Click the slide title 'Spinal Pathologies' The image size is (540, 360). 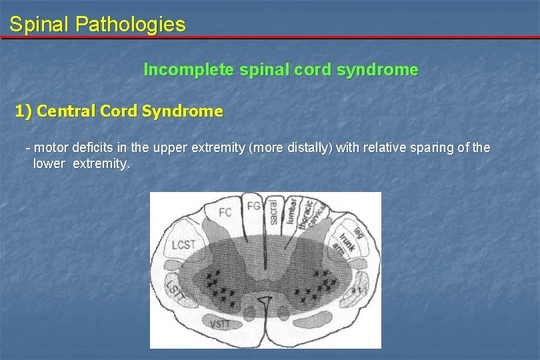(x=97, y=25)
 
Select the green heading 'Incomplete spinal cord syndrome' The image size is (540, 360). (x=281, y=69)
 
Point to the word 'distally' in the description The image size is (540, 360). (x=309, y=147)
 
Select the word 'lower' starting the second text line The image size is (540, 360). (x=49, y=163)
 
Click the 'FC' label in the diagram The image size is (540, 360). (x=225, y=213)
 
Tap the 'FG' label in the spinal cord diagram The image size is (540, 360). (x=254, y=206)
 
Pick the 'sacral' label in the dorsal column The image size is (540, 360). (x=272, y=213)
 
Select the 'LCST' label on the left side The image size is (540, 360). (x=183, y=245)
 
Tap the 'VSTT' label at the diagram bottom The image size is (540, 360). (x=220, y=325)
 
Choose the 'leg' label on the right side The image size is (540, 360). (x=358, y=231)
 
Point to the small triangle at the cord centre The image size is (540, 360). (x=265, y=302)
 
